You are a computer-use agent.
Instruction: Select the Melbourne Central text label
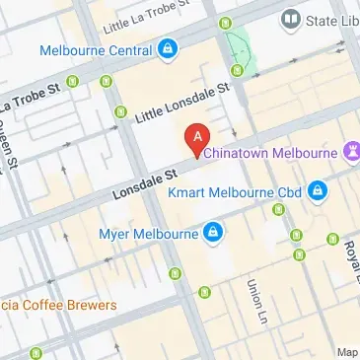(x=96, y=48)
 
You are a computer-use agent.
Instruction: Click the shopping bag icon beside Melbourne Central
(x=168, y=47)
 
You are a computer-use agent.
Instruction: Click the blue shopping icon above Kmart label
(x=318, y=188)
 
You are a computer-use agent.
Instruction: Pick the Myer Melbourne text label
(x=146, y=234)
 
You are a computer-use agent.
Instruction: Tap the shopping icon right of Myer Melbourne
(x=211, y=234)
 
